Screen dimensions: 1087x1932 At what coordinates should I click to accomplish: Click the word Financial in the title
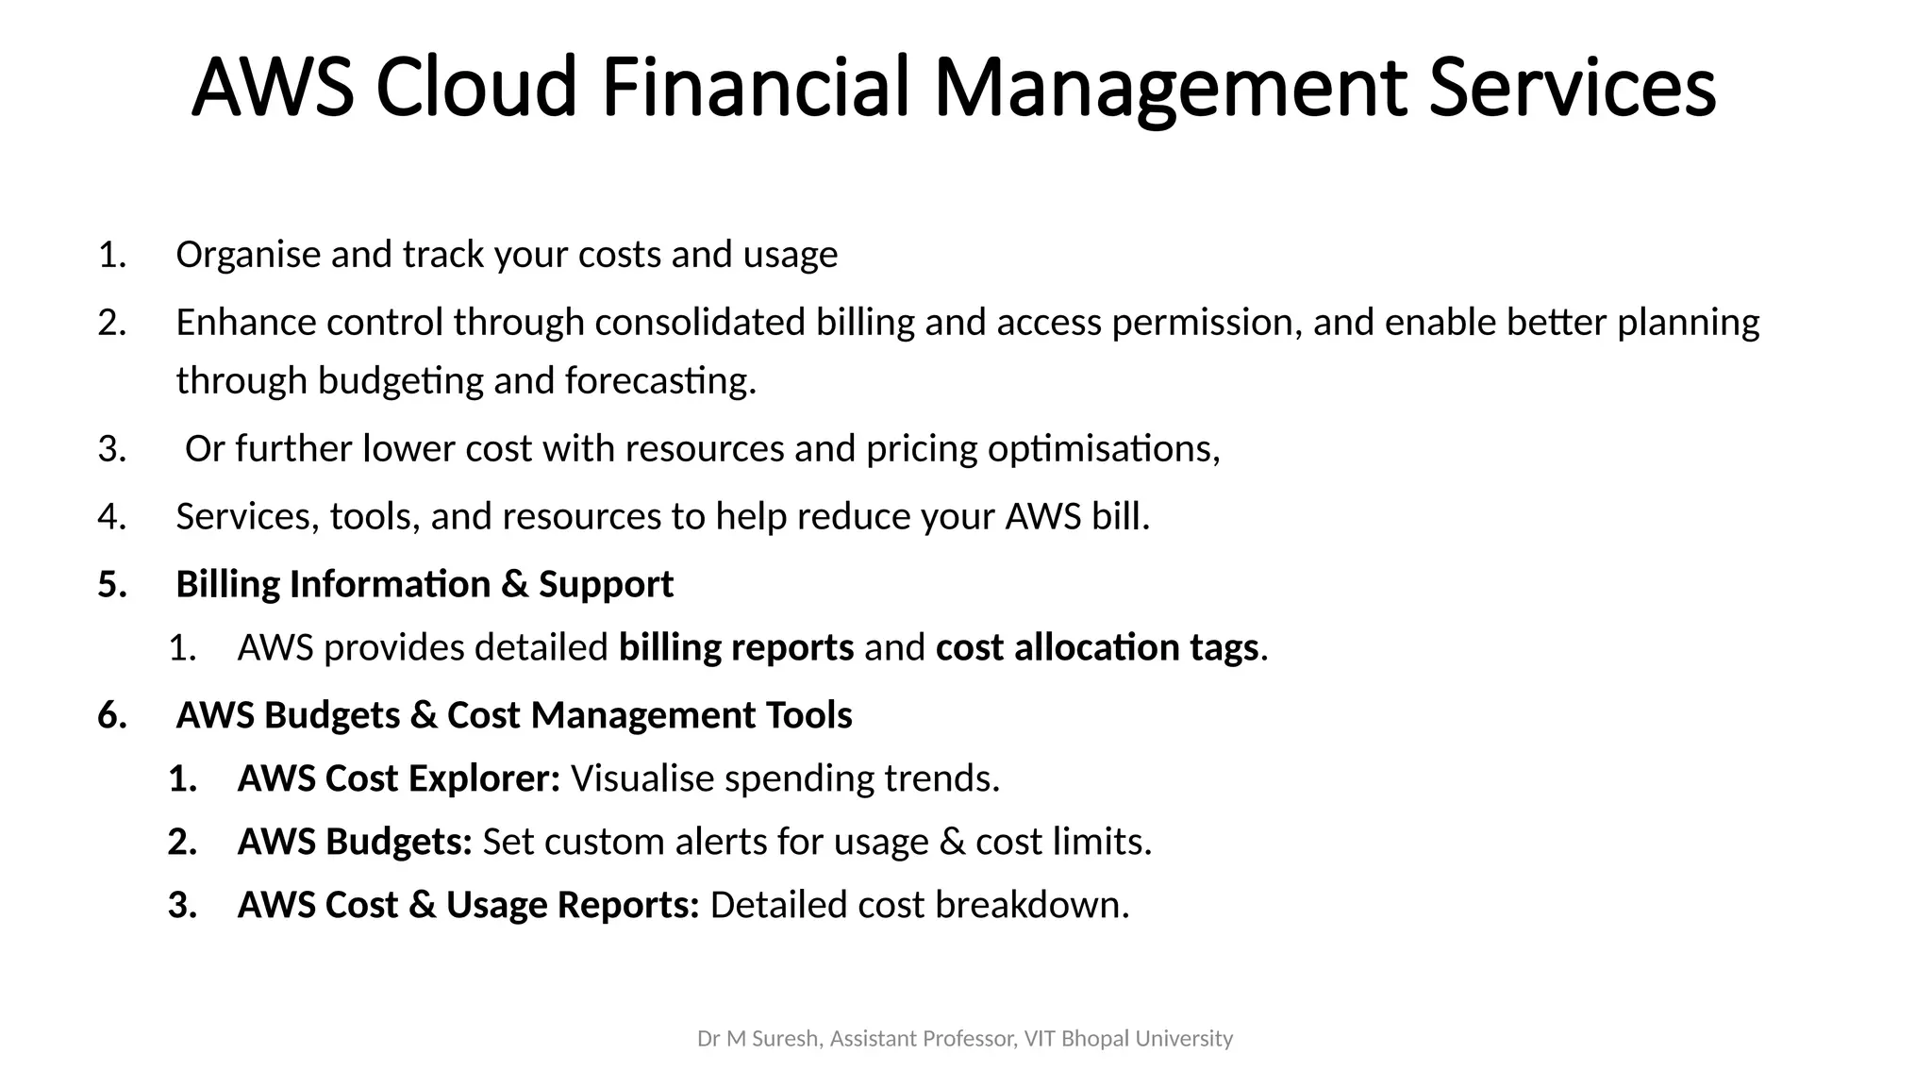(756, 87)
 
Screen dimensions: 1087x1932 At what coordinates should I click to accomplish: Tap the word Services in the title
(1571, 87)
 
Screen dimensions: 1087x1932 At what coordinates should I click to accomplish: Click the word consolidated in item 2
(699, 323)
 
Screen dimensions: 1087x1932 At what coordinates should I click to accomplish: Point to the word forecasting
(660, 381)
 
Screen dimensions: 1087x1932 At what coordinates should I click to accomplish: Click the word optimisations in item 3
(1103, 449)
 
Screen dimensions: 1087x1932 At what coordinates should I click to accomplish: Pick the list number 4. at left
(112, 517)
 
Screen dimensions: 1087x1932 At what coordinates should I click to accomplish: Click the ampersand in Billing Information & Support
(514, 584)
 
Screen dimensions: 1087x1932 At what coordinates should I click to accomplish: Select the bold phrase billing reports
(736, 648)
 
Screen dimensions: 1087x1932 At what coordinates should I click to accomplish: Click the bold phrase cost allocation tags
(1097, 648)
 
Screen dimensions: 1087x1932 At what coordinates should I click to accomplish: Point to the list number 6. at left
(112, 715)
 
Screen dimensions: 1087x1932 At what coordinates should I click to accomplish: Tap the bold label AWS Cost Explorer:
(398, 778)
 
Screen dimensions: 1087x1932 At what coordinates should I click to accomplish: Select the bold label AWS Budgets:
(355, 842)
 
